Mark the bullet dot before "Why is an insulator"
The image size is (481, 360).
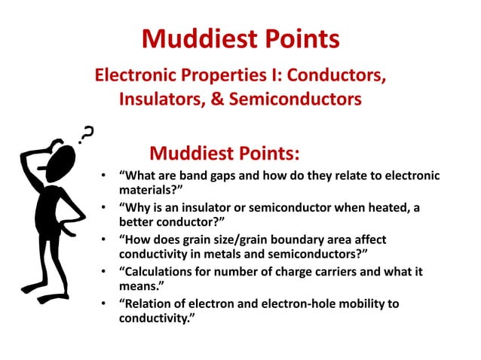pos(103,208)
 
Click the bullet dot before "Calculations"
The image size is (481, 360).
pos(103,272)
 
